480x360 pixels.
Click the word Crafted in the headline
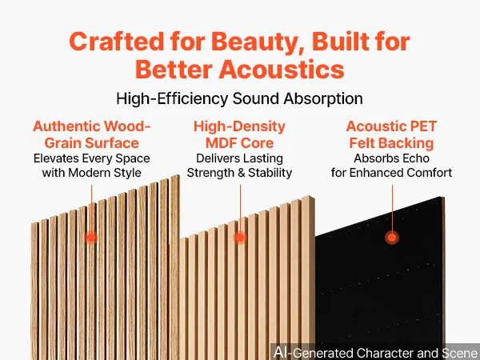tap(116, 42)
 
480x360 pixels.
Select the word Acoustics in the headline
tap(282, 70)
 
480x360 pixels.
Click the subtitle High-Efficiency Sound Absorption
tap(239, 98)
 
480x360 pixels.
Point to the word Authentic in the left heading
tap(66, 126)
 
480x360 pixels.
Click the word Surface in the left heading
tap(111, 143)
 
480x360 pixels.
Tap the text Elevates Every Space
tap(91, 158)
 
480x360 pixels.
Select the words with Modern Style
tap(91, 173)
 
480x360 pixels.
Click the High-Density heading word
tap(239, 126)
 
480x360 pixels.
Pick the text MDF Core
tap(239, 143)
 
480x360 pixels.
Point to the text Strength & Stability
tap(239, 173)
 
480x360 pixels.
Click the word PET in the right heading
tap(423, 126)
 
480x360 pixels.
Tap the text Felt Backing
tap(391, 143)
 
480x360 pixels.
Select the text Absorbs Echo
tap(391, 158)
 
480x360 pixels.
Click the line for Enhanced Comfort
tap(391, 173)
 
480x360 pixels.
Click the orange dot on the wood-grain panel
tap(91, 238)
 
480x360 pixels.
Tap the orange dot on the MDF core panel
tap(240, 238)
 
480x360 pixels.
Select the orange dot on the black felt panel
tap(392, 238)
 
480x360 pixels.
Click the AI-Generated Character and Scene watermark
tap(376, 352)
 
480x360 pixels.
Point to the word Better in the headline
tap(174, 70)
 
